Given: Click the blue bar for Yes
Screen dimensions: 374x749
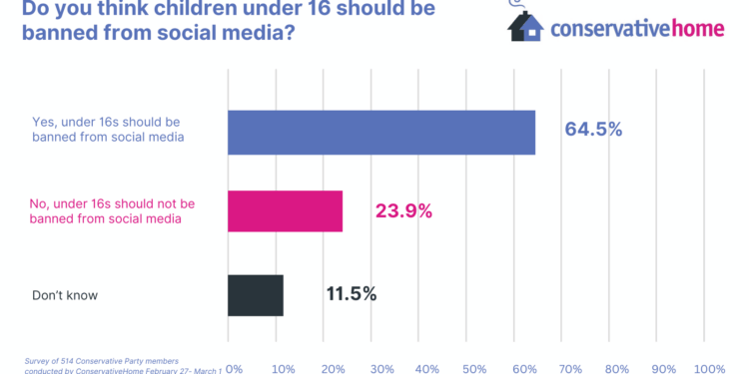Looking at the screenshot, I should point(381,132).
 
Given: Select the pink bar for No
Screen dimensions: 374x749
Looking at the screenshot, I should point(286,211).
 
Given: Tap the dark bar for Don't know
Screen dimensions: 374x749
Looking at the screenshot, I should point(256,294).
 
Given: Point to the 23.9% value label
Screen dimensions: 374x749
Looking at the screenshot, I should point(403,210).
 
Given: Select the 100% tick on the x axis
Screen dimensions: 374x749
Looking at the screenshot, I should point(708,368).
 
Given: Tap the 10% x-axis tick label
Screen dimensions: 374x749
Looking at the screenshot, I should point(284,368).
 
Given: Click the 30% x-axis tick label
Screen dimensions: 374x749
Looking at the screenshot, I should point(379,368).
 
